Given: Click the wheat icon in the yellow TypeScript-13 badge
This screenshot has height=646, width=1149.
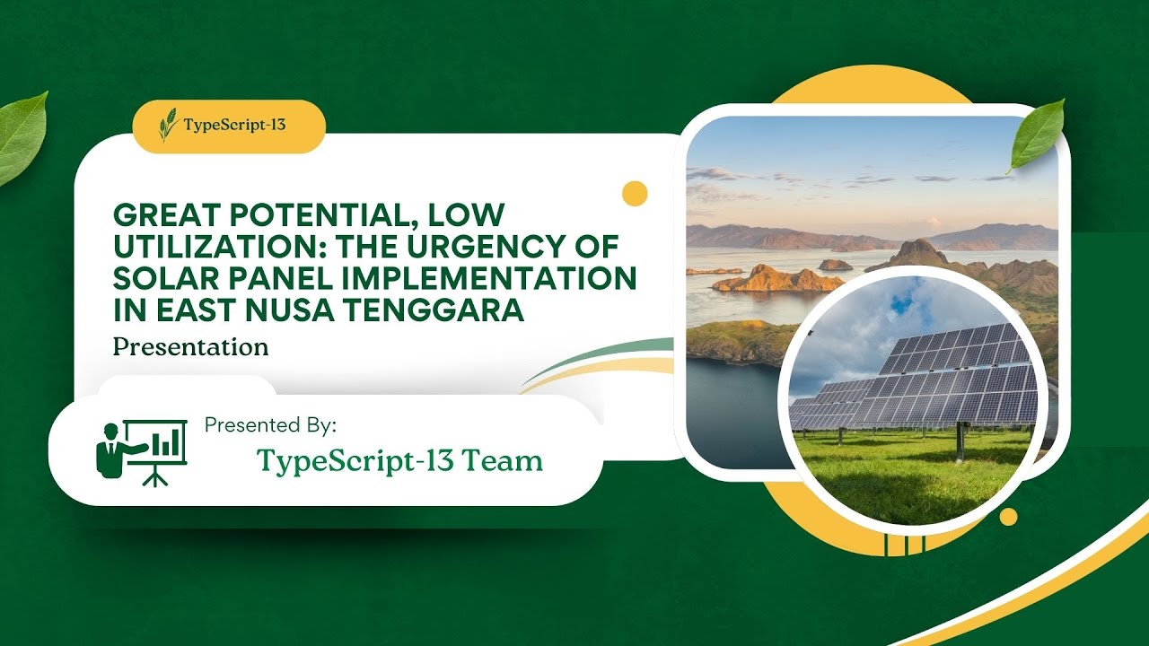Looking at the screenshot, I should pos(167,125).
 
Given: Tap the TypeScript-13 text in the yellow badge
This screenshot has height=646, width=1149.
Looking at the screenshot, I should pos(234,125).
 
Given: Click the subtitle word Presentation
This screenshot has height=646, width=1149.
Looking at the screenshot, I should pos(190,346).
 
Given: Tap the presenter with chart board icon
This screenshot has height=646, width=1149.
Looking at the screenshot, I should pos(141,448).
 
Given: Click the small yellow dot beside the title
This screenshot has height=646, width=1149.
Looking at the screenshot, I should pos(635,194).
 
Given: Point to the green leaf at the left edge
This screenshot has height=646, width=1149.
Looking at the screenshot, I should pos(20,135).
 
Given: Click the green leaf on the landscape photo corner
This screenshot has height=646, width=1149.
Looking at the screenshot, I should pos(1038,135).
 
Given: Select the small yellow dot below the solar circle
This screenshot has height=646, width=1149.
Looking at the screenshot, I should pos(1008,517).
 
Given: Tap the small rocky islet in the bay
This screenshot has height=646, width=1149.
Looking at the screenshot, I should pos(835,265).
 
